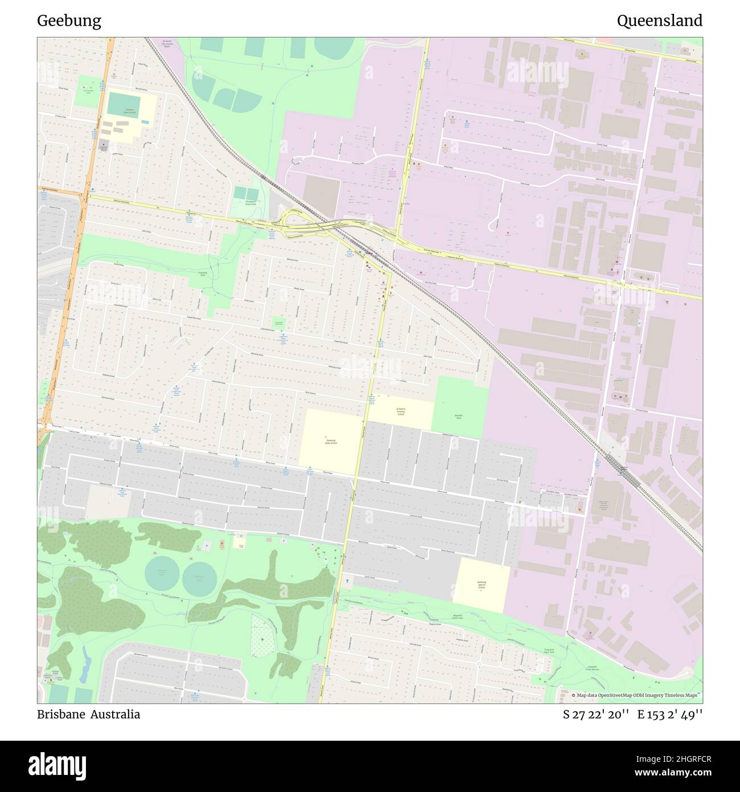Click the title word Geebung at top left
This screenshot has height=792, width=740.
tap(69, 21)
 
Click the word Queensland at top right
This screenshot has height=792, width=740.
tap(659, 21)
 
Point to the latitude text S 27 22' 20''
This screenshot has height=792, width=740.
tap(595, 715)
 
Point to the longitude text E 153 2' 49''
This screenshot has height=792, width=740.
tap(669, 715)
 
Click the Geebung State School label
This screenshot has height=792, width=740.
tap(331, 441)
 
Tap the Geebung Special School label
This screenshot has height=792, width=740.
tap(482, 585)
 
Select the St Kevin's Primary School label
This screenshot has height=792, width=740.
tap(400, 411)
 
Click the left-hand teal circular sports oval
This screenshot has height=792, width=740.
tap(160, 574)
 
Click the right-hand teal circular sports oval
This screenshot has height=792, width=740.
tap(200, 578)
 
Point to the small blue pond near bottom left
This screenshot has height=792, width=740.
tap(86, 662)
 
